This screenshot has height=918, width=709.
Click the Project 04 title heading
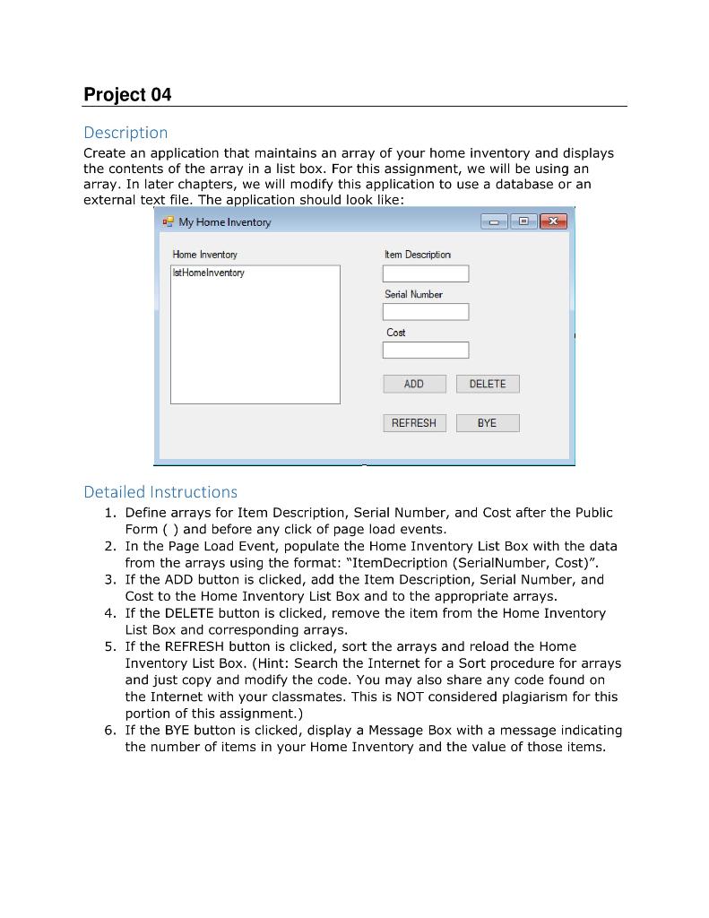(127, 95)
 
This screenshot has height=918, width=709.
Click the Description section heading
(125, 133)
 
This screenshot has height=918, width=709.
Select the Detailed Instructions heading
(160, 491)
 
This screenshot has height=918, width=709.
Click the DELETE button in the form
(487, 384)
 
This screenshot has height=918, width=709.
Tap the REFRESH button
(413, 423)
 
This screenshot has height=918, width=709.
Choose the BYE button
(487, 423)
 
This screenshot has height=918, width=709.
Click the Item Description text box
(425, 273)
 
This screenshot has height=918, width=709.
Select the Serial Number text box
(425, 312)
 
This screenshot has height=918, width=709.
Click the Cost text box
(425, 350)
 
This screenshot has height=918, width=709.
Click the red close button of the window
(553, 221)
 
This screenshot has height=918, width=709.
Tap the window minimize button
(494, 221)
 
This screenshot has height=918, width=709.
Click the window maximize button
(523, 221)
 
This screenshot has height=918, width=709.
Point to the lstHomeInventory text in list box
(208, 273)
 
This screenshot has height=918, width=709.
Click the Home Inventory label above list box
(204, 255)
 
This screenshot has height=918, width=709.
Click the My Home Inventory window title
(224, 222)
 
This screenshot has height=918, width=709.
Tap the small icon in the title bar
(168, 221)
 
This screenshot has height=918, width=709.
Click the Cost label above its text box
(395, 333)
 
